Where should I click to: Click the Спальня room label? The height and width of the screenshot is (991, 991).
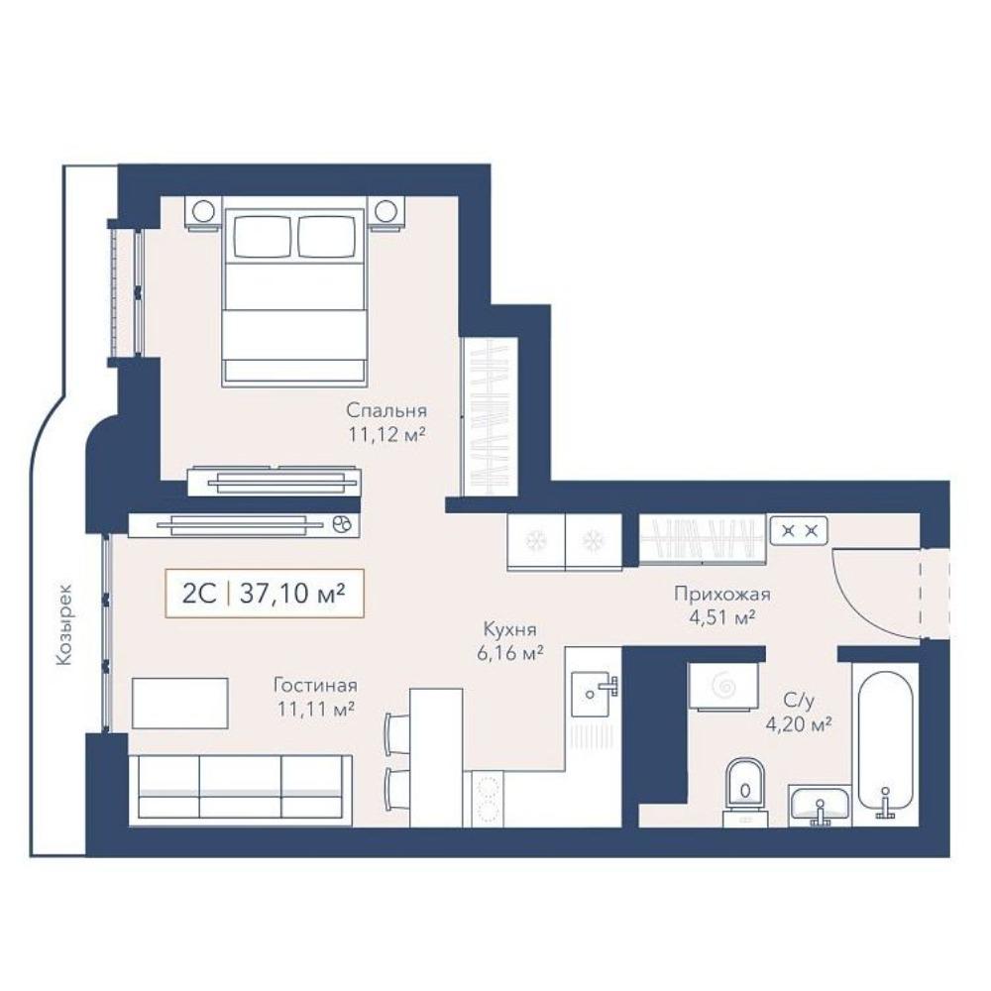[x=386, y=410]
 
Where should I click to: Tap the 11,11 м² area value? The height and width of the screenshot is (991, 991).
[x=315, y=710]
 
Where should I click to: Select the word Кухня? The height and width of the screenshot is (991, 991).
[x=509, y=629]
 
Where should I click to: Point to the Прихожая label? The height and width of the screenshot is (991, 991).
[x=721, y=594]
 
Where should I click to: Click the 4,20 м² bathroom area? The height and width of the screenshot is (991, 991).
[x=798, y=724]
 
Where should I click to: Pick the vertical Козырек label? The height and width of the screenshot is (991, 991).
[x=63, y=623]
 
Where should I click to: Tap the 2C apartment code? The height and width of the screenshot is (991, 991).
[x=199, y=594]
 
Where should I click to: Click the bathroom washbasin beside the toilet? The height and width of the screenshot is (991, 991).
[x=820, y=806]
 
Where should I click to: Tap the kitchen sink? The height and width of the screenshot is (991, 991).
[x=594, y=694]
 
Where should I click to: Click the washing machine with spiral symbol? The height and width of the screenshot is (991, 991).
[x=723, y=687]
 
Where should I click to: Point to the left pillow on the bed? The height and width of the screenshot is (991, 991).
[x=262, y=237]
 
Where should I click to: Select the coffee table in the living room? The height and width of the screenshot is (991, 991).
[x=180, y=703]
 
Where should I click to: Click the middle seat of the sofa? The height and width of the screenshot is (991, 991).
[x=240, y=790]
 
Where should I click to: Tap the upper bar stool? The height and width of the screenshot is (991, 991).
[x=397, y=732]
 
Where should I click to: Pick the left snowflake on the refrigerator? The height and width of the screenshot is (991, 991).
[x=536, y=540]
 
